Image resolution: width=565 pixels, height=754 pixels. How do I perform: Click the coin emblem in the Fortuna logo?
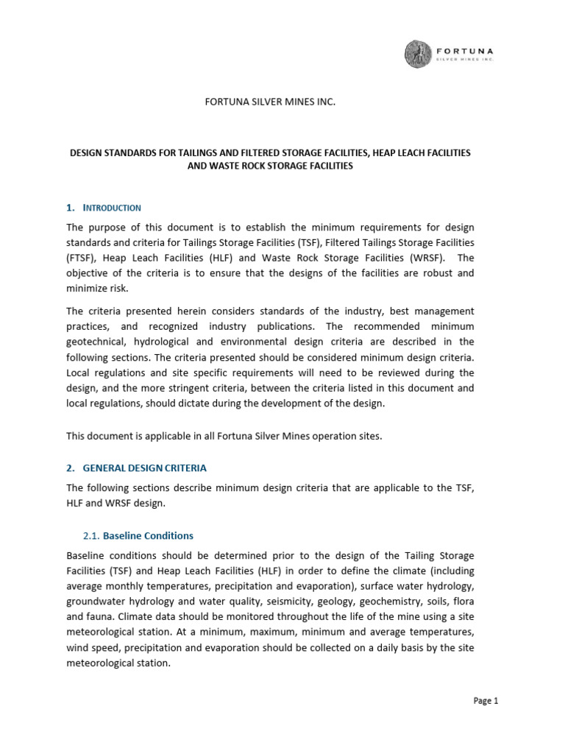click(x=421, y=54)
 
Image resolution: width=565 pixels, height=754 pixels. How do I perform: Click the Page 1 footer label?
click(x=486, y=701)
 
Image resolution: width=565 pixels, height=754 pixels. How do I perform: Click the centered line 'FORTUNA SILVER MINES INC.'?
click(x=269, y=102)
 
